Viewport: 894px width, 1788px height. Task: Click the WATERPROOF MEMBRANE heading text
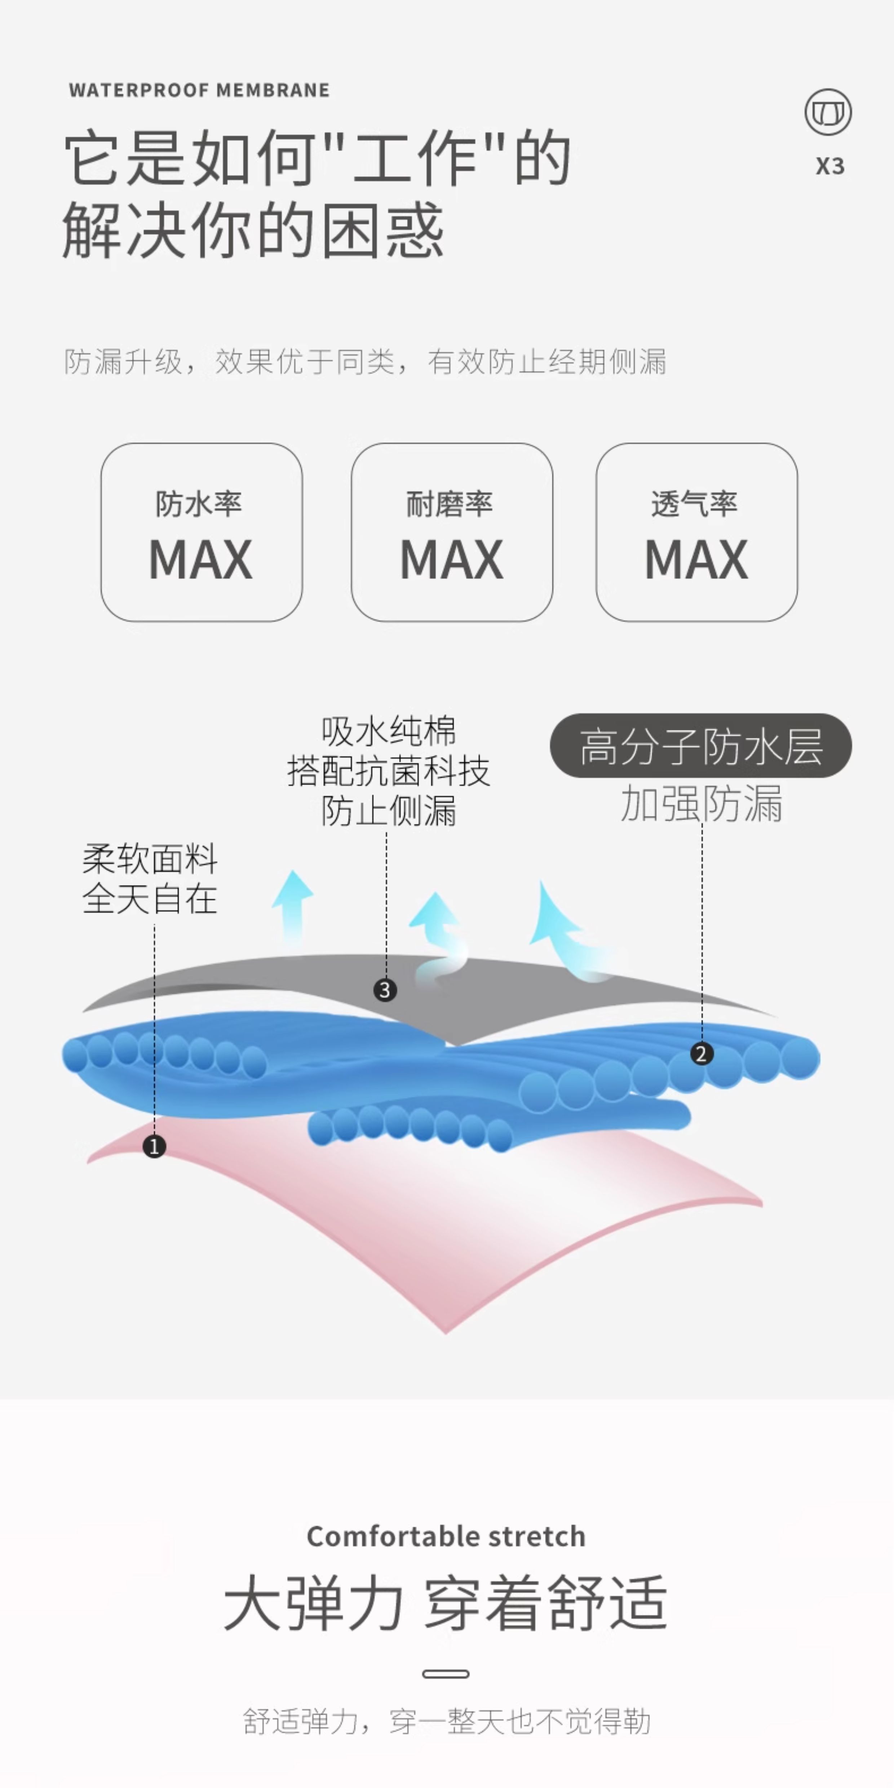(x=199, y=90)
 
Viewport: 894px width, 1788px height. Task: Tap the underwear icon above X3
(x=828, y=112)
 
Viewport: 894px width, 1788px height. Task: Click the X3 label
(x=829, y=167)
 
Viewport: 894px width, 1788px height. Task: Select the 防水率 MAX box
(x=201, y=532)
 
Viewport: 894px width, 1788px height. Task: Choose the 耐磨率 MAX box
(x=452, y=532)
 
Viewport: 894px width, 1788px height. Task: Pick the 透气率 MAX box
(x=696, y=532)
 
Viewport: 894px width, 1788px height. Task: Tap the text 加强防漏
(x=701, y=804)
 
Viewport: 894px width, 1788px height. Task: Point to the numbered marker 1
(x=154, y=1146)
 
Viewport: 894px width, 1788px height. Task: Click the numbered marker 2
(x=701, y=1054)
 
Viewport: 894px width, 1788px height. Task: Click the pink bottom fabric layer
(x=444, y=1235)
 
